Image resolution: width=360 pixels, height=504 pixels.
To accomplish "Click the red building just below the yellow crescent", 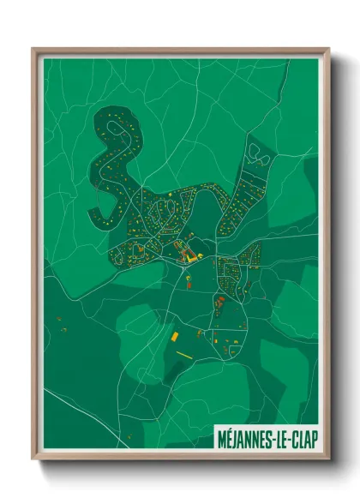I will [220, 301].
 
